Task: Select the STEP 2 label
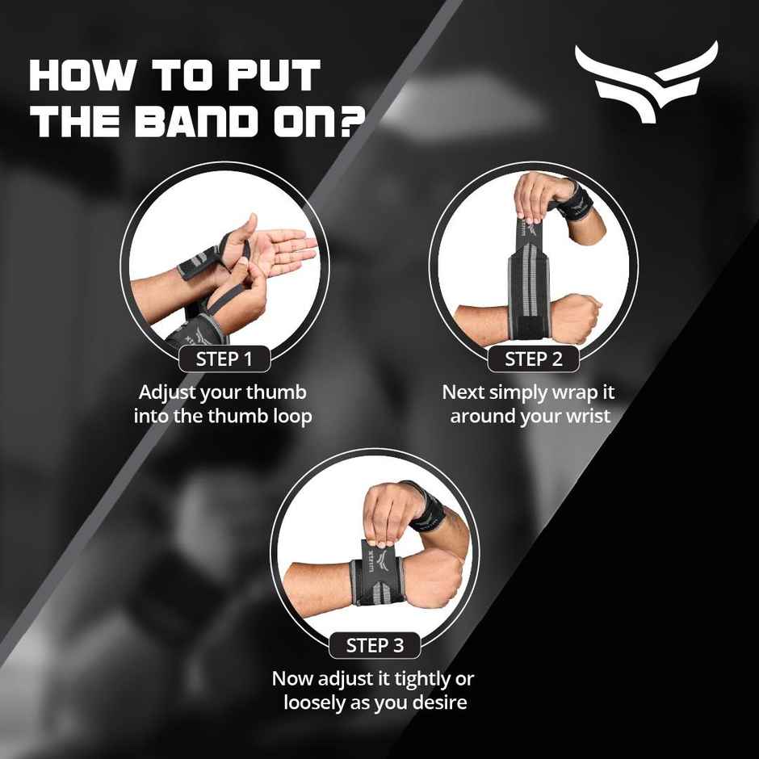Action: coord(533,359)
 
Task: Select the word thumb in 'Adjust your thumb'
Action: coord(277,393)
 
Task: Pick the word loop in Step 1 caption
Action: coord(291,417)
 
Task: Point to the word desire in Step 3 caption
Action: coord(438,702)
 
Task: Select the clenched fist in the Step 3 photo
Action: coord(439,574)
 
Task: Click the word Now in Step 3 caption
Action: coord(291,678)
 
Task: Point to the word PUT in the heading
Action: coord(275,75)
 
